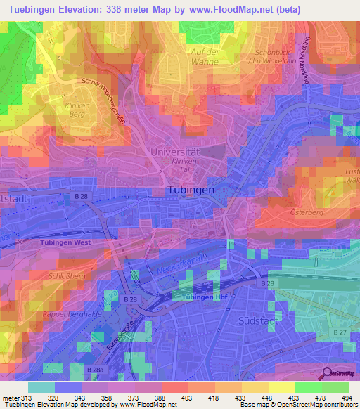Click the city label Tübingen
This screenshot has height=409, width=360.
[192, 190]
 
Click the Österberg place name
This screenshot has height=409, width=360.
[306, 211]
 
